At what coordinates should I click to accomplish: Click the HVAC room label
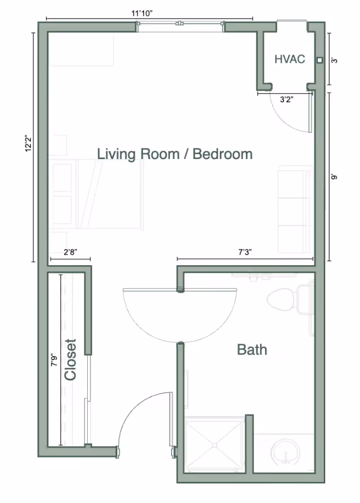tap(290, 59)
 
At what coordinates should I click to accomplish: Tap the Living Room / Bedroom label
tap(174, 154)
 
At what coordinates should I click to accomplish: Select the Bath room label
tap(251, 350)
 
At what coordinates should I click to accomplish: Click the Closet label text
tap(71, 360)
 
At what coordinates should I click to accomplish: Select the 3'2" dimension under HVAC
tap(286, 100)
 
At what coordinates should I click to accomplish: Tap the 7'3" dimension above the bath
tap(245, 252)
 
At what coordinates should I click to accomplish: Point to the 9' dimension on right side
tap(335, 176)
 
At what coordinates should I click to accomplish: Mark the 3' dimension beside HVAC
tap(335, 60)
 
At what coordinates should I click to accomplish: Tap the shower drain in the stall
tap(214, 445)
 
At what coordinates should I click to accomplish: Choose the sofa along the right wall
tap(294, 209)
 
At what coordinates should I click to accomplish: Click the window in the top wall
tap(181, 24)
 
